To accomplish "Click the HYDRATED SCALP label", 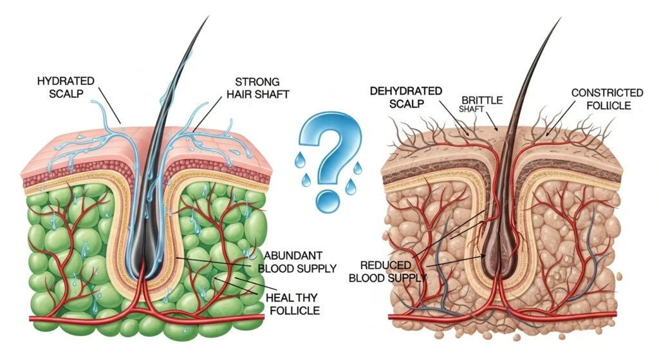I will click(x=66, y=89).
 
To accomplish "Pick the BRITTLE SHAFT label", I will click(x=481, y=104).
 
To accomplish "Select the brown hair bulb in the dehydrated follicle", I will click(x=496, y=264).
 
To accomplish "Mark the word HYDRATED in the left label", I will click(x=66, y=82).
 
